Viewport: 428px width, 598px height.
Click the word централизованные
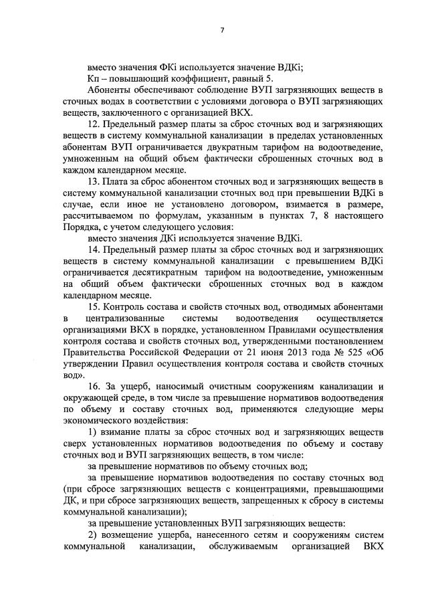[x=120, y=318]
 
